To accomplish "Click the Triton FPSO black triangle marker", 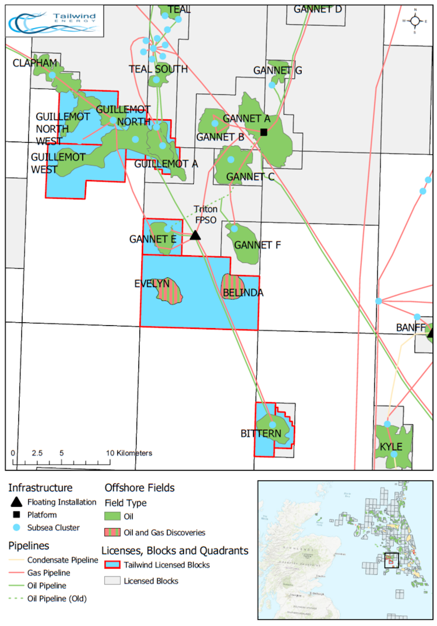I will (195, 236).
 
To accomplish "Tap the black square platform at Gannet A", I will (264, 132).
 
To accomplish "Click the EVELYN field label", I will (152, 284).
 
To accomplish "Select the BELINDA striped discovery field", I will (232, 287).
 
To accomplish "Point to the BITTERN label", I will (261, 433).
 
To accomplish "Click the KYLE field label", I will (391, 447).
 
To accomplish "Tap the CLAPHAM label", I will (35, 63).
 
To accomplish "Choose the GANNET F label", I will (257, 245).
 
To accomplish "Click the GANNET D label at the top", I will (318, 9).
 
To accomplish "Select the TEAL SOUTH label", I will (158, 69).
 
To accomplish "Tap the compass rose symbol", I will (415, 21).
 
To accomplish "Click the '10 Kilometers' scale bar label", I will (129, 453).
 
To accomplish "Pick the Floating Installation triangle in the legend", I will (16, 502).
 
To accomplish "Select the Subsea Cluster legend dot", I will (16, 527).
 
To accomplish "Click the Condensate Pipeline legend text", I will (63, 560).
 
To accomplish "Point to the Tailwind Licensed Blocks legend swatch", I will (112, 565).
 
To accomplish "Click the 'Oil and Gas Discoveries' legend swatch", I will (112, 532).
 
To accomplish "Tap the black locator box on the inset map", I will (391, 560).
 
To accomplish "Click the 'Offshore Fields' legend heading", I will (139, 488).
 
